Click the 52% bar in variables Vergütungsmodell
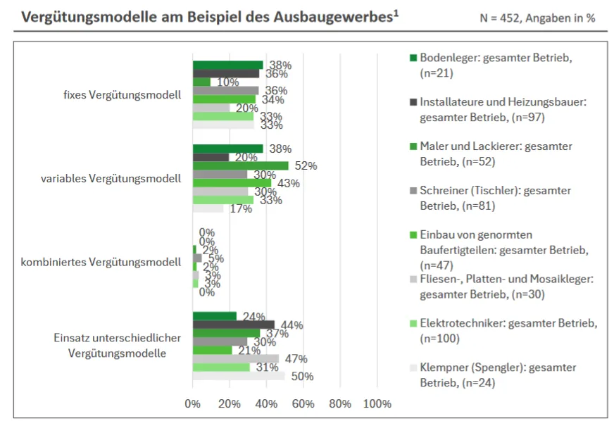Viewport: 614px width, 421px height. click(x=240, y=166)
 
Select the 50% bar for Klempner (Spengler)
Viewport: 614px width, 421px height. click(x=239, y=376)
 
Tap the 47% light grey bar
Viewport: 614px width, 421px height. click(x=236, y=359)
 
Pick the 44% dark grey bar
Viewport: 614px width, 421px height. click(x=234, y=325)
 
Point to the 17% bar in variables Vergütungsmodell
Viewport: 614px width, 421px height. click(x=208, y=208)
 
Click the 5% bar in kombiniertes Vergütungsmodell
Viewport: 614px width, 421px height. click(x=197, y=258)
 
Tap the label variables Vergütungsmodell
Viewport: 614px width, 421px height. click(x=111, y=178)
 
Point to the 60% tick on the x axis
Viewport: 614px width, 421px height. click(x=303, y=404)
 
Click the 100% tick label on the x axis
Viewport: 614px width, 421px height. click(x=377, y=404)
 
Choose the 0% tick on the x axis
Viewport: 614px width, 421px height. click(x=192, y=404)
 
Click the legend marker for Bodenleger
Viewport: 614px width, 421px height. click(x=413, y=58)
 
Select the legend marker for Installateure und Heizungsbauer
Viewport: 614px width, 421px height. click(x=413, y=101)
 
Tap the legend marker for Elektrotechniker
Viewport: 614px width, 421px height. click(x=413, y=324)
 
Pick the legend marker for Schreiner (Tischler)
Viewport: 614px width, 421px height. click(x=413, y=190)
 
